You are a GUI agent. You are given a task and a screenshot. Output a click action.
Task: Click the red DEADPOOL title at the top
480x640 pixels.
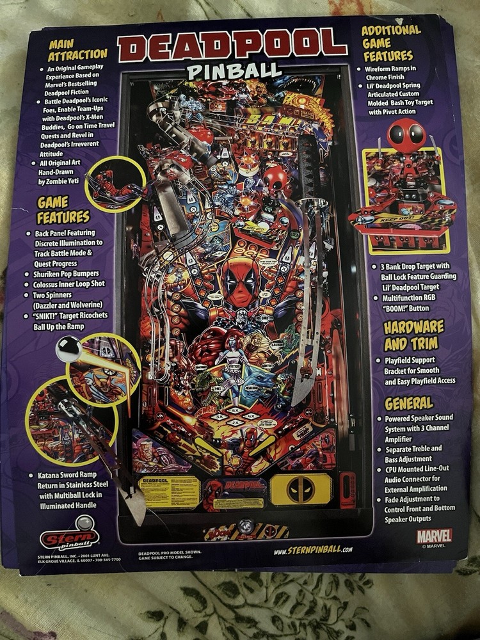pyautogui.click(x=232, y=46)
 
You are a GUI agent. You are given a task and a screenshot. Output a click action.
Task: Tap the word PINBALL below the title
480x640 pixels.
pyautogui.click(x=234, y=70)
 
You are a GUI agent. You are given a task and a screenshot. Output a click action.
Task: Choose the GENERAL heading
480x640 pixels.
pyautogui.click(x=409, y=403)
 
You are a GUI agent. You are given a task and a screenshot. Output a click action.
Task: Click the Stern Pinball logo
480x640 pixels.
pyautogui.click(x=69, y=540)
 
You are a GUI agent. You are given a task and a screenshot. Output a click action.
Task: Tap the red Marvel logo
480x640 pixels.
pyautogui.click(x=434, y=535)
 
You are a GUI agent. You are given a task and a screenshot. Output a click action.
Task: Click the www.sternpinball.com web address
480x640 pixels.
pyautogui.click(x=312, y=550)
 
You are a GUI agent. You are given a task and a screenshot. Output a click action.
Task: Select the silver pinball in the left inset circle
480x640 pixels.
pyautogui.click(x=70, y=349)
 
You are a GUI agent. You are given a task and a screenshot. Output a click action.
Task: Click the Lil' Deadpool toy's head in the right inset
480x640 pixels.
pyautogui.click(x=407, y=136)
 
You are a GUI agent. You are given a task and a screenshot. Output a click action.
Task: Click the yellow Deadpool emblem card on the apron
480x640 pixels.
pyautogui.click(x=301, y=490)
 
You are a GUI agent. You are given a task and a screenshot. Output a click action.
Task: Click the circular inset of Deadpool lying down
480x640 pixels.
pyautogui.click(x=115, y=184)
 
